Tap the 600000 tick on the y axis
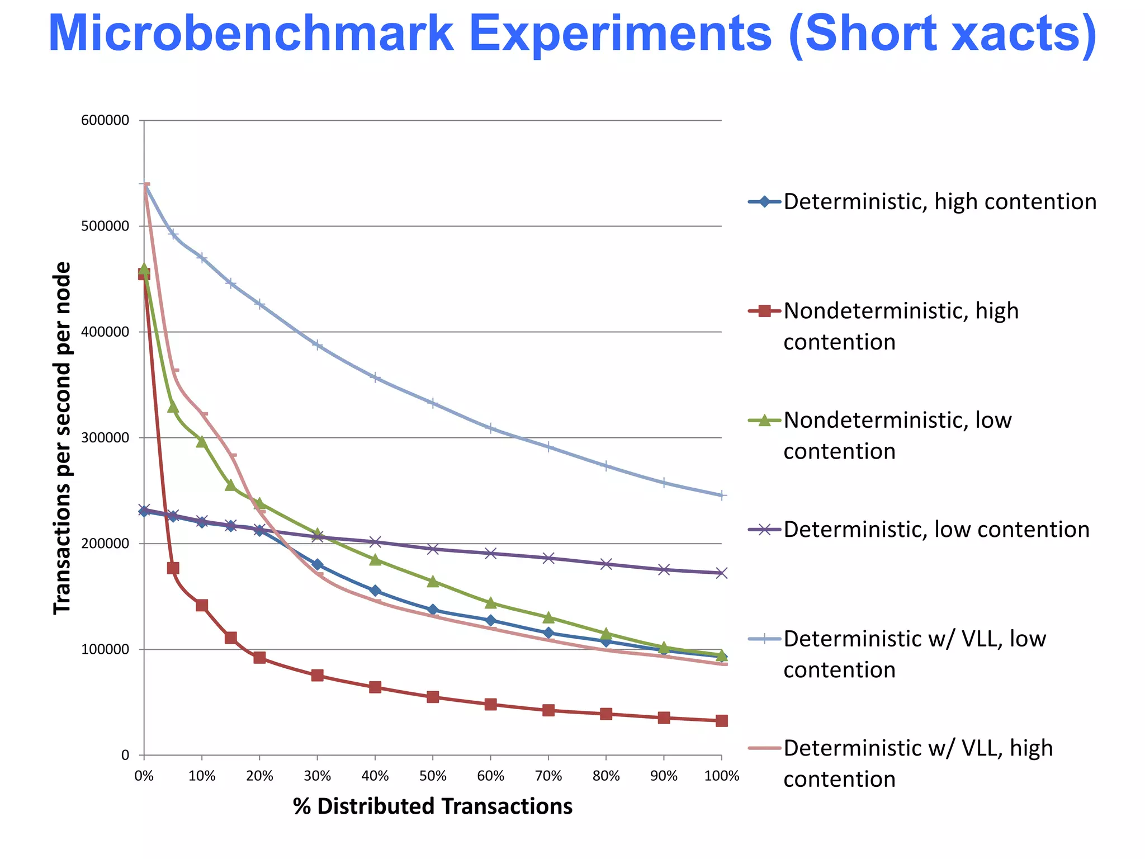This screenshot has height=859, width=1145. [105, 121]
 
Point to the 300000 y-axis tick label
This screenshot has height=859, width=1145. [105, 438]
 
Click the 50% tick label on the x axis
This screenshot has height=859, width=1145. [433, 776]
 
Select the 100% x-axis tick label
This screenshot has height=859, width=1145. [722, 776]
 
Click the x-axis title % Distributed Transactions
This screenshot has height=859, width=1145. [433, 806]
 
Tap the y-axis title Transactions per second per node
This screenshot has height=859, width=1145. [62, 438]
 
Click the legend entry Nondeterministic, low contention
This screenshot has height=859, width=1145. [897, 436]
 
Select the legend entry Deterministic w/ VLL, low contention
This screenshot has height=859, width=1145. [914, 654]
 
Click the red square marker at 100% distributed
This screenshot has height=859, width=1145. [722, 721]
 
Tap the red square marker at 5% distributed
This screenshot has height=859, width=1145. [173, 568]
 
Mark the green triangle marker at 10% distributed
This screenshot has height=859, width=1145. [202, 442]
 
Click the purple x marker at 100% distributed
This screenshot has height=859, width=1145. [722, 573]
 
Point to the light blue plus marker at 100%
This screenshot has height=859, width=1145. [722, 495]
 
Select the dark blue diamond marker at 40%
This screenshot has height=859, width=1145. [375, 591]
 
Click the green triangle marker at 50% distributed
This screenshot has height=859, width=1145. [433, 582]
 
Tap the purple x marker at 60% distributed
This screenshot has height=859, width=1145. [491, 554]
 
